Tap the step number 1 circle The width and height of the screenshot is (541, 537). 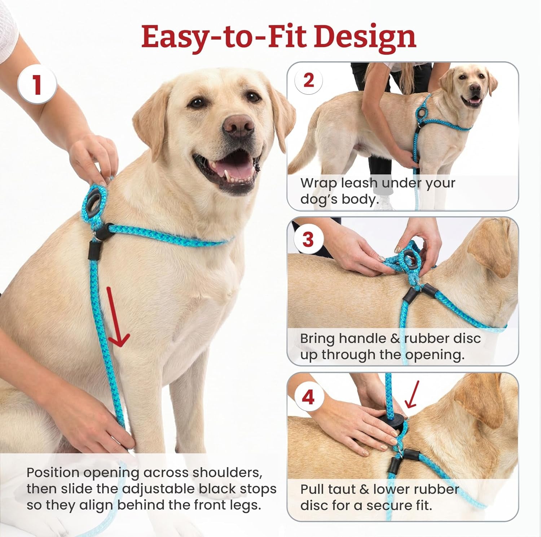coord(37,85)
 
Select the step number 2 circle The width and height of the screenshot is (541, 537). coord(308,80)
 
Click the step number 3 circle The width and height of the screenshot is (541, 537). coord(308,239)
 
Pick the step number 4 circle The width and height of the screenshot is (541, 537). coord(308,397)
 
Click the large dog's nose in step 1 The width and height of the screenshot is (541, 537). coord(238,124)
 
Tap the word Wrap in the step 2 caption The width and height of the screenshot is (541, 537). coord(318,183)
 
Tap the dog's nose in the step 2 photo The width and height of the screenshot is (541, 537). coord(476,88)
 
